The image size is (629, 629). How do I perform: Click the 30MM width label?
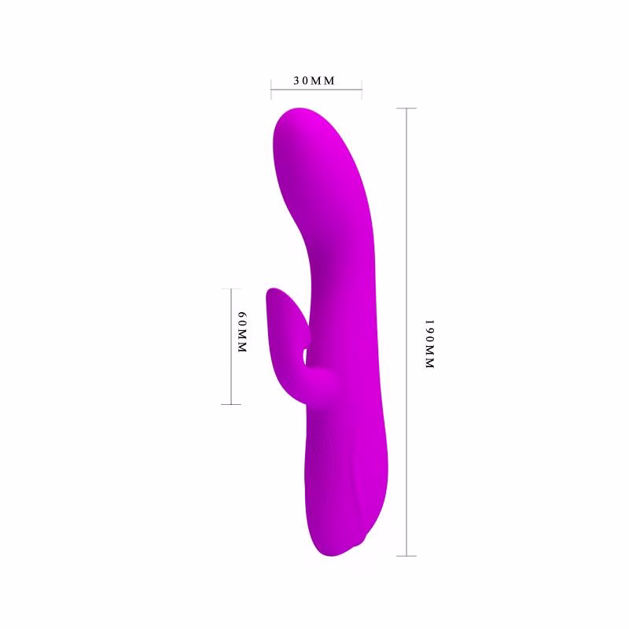[314, 81]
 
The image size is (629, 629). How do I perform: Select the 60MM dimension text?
[242, 332]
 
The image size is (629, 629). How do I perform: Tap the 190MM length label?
[429, 344]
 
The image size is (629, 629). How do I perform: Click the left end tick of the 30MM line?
[271, 90]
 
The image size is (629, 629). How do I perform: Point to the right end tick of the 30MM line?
[362, 90]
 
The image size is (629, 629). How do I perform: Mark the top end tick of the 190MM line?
[406, 109]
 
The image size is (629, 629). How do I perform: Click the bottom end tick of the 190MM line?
[406, 556]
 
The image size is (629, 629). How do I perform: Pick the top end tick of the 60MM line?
[231, 289]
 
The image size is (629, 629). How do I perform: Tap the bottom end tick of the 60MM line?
[231, 404]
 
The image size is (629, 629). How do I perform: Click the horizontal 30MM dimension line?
[317, 90]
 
